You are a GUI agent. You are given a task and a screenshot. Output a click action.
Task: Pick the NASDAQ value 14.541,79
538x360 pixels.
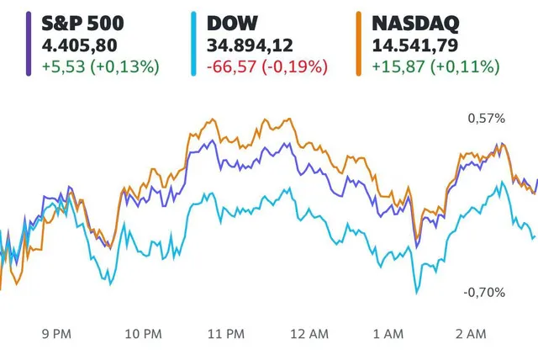click(x=409, y=45)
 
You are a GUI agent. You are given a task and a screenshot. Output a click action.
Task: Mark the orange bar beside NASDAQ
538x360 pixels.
click(x=359, y=43)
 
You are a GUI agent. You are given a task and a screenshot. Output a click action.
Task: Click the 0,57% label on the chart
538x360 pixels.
click(x=486, y=119)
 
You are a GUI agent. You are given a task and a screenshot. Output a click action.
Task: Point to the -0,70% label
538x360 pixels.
click(x=485, y=292)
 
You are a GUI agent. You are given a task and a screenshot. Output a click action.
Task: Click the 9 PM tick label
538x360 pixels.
click(x=55, y=334)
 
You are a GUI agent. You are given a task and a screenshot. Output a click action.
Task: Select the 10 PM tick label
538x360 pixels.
click(x=142, y=334)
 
